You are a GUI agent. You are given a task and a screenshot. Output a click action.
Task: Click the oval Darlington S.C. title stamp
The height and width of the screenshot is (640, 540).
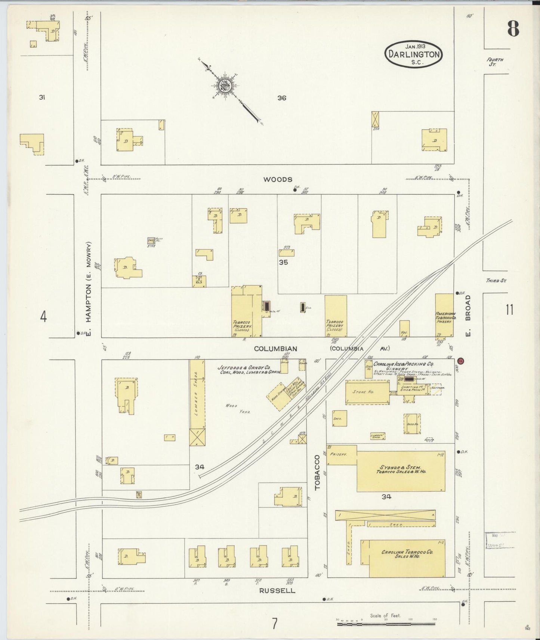tap(414, 55)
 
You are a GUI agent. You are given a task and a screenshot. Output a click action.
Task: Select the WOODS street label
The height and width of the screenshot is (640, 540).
tap(278, 180)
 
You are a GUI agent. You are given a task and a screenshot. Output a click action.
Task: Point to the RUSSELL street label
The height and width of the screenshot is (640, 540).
tap(277, 591)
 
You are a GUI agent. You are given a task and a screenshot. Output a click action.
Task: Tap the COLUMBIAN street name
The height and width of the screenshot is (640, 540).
tap(275, 349)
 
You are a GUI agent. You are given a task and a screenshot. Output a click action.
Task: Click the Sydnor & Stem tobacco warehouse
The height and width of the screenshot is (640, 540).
tap(401, 471)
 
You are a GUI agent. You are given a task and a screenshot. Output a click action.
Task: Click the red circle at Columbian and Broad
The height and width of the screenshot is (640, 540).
tap(461, 361)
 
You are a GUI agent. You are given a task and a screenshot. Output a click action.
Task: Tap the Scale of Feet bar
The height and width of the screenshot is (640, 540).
tap(386, 624)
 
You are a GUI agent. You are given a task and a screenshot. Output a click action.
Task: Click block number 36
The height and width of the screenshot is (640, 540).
tap(282, 98)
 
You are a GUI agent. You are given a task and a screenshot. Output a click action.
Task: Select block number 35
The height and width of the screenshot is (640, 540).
tap(283, 262)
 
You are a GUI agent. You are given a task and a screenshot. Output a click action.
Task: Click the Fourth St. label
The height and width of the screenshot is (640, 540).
tap(495, 62)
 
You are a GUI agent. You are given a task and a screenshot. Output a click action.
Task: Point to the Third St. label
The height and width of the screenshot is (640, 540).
tap(496, 280)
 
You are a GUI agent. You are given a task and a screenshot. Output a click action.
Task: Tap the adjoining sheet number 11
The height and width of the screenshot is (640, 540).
tap(509, 310)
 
